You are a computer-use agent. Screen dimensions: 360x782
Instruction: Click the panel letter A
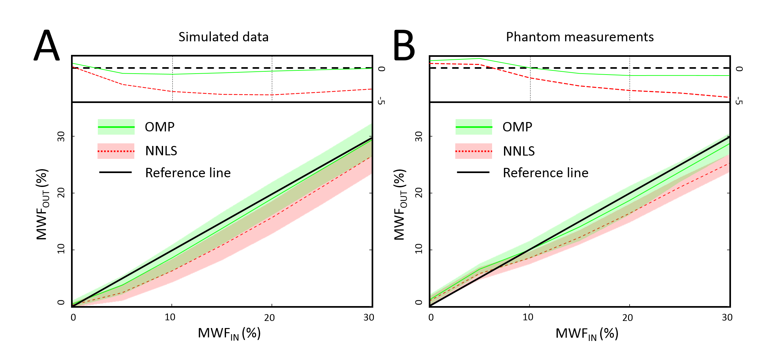47,46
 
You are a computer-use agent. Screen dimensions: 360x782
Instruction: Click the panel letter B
404,46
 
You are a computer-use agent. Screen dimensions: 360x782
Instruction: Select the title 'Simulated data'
223,37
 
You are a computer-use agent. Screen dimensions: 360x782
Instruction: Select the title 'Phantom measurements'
580,37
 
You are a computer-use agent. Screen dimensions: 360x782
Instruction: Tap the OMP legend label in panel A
159,127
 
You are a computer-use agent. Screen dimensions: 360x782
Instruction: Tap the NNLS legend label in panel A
161,151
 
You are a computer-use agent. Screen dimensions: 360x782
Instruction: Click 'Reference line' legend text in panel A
188,173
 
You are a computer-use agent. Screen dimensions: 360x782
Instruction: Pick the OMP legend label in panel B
517,127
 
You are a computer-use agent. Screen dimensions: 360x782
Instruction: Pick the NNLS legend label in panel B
519,151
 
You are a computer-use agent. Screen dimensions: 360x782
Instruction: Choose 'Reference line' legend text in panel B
546,173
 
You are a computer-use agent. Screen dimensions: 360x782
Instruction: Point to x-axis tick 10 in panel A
170,317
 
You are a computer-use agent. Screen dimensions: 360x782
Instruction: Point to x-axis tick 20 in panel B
627,318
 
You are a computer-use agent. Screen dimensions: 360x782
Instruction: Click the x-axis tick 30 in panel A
369,317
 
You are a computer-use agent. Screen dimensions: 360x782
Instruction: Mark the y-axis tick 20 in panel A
61,193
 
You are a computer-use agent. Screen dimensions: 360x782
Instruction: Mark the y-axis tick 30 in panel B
418,136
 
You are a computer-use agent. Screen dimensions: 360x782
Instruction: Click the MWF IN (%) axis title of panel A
229,334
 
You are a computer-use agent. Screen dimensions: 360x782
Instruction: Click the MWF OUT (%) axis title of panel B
400,205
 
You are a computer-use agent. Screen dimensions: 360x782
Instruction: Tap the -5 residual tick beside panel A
381,101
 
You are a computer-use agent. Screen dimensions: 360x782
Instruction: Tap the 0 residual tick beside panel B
739,69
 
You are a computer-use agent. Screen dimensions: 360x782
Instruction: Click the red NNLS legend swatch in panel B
473,151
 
